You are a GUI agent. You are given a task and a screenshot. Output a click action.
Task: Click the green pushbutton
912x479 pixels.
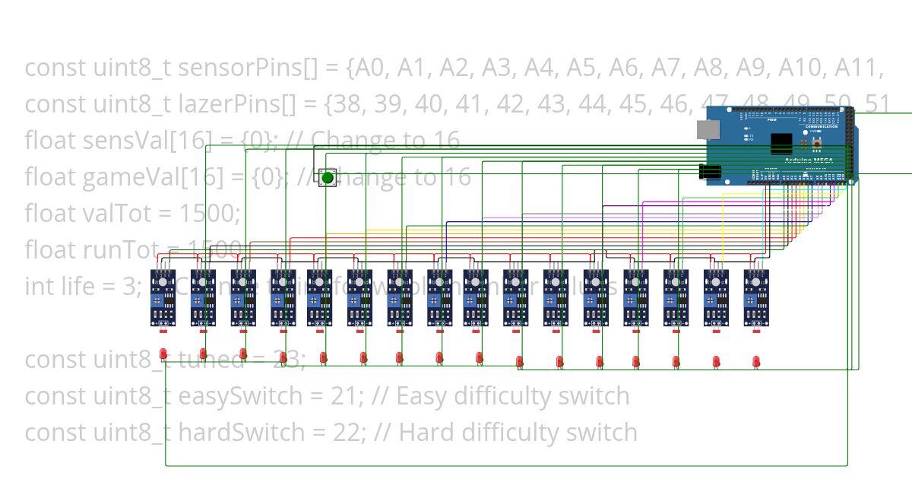point(328,178)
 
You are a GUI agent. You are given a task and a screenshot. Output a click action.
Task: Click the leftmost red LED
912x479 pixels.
point(163,354)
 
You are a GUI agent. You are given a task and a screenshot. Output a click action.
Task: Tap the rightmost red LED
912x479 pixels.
point(755,361)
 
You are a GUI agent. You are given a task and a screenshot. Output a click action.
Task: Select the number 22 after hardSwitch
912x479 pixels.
point(353,433)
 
